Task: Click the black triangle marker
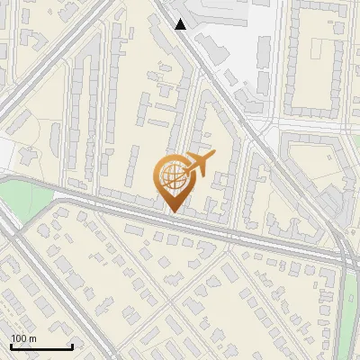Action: (181, 24)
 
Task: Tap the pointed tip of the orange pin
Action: (172, 211)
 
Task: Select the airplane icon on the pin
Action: (197, 164)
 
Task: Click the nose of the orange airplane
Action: (213, 158)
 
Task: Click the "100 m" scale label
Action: (23, 338)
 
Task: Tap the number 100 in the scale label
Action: (19, 338)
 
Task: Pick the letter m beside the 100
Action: (32, 338)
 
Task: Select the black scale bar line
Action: (41, 346)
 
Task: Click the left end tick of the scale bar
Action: (11, 345)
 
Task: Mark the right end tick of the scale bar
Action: (72, 345)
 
